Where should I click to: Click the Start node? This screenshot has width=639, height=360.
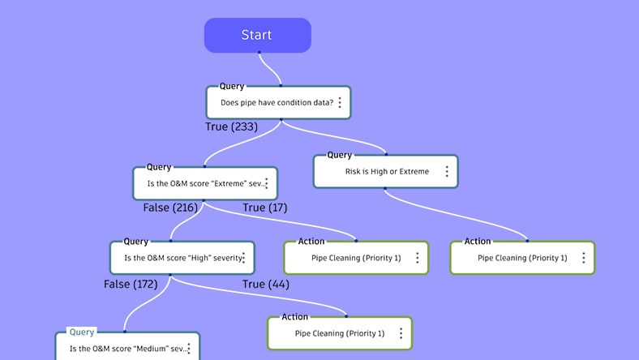pyautogui.click(x=257, y=36)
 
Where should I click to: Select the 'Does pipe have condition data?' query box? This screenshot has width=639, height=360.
pyautogui.click(x=276, y=103)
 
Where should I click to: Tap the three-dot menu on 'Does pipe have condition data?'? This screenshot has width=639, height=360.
pyautogui.click(x=340, y=103)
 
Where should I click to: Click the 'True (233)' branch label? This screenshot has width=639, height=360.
pyautogui.click(x=231, y=126)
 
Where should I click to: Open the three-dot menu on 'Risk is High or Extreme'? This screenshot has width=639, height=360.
pyautogui.click(x=447, y=172)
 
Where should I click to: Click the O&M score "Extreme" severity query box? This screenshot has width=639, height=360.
pyautogui.click(x=203, y=183)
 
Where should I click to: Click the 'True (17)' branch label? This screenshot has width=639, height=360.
pyautogui.click(x=265, y=208)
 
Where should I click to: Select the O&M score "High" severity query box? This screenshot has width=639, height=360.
pyautogui.click(x=180, y=258)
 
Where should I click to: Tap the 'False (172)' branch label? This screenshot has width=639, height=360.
pyautogui.click(x=131, y=284)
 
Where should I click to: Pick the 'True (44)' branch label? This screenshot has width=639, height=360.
pyautogui.click(x=266, y=284)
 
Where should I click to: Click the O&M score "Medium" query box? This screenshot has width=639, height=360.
pyautogui.click(x=126, y=349)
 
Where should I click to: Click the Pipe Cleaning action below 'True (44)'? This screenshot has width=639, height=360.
pyautogui.click(x=338, y=333)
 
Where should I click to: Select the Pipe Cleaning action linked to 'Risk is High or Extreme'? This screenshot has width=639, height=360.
pyautogui.click(x=521, y=258)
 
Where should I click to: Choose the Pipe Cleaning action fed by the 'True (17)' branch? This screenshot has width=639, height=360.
pyautogui.click(x=354, y=258)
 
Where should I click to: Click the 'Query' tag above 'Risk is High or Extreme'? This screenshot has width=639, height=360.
pyautogui.click(x=339, y=155)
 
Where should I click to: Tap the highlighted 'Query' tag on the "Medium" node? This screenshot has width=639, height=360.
pyautogui.click(x=82, y=332)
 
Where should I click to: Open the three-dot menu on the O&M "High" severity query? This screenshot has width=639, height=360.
pyautogui.click(x=242, y=258)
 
